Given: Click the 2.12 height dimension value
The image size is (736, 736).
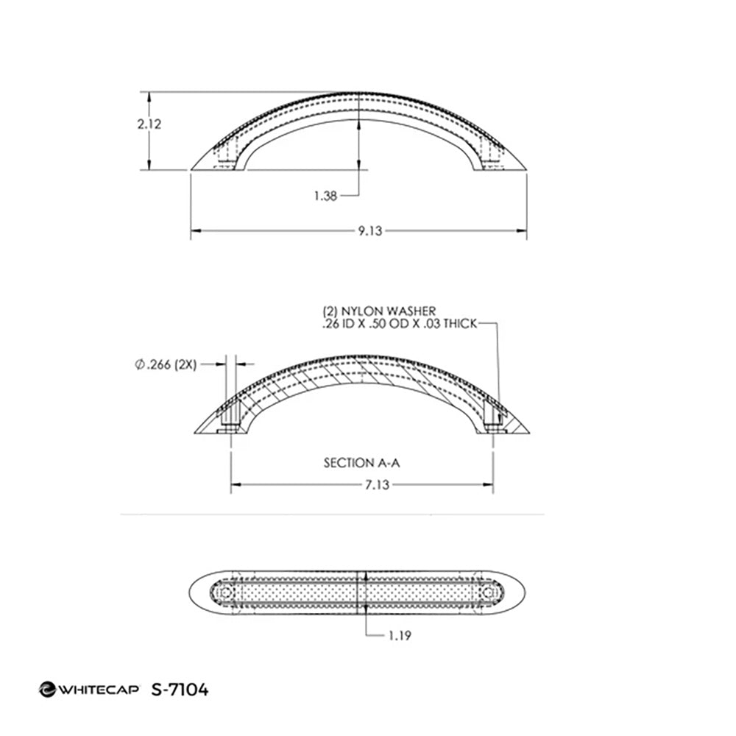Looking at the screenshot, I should pyautogui.click(x=149, y=124).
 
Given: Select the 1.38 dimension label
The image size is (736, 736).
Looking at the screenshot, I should pyautogui.click(x=325, y=195).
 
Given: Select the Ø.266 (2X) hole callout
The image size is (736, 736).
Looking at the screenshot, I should pyautogui.click(x=166, y=364).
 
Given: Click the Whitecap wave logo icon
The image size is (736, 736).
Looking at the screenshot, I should pyautogui.click(x=46, y=690).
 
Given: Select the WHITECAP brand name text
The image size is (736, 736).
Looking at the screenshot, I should pyautogui.click(x=97, y=690).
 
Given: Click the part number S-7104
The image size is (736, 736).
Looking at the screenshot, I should pyautogui.click(x=179, y=690).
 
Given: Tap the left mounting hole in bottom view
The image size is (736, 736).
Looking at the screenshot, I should pyautogui.click(x=226, y=592).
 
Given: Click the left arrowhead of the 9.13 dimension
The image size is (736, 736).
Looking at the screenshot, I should pyautogui.click(x=195, y=231).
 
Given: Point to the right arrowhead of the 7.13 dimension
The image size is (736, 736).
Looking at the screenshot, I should pyautogui.click(x=489, y=484).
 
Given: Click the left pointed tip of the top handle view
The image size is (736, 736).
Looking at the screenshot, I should pyautogui.click(x=193, y=169).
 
